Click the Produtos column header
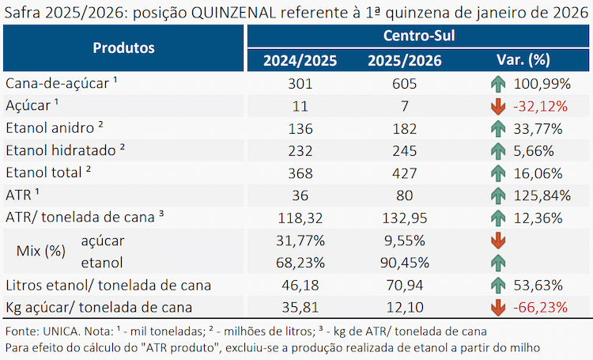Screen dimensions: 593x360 [123, 48]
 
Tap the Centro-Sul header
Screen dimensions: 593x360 [419, 36]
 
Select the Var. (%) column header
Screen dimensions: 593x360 [523, 60]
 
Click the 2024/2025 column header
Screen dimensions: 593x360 [300, 61]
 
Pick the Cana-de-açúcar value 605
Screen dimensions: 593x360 [404, 84]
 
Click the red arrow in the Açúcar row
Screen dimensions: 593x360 [498, 106]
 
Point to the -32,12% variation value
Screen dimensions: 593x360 [541, 106]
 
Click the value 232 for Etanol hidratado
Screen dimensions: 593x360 [300, 150]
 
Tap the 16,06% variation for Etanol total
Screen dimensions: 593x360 [538, 173]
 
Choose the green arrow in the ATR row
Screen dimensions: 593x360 [498, 195]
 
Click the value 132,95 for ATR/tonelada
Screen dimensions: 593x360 [404, 218]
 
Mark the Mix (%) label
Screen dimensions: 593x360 [41, 251]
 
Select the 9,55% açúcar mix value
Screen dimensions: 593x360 [404, 241]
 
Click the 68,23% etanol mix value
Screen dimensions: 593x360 [300, 263]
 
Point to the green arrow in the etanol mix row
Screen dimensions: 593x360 [498, 263]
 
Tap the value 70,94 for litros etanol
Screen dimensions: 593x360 [404, 285]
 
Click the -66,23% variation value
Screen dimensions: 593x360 [541, 307]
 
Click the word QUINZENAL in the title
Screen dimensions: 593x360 [234, 13]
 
